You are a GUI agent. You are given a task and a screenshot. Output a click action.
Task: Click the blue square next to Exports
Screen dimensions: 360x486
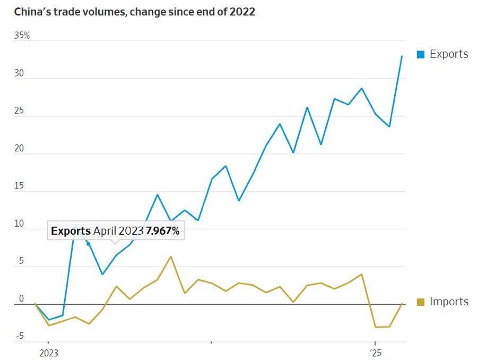tap(421, 54)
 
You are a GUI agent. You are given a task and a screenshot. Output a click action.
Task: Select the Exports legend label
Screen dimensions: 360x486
tap(449, 54)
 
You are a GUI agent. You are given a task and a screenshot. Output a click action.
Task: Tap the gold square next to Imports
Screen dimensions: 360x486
tap(421, 302)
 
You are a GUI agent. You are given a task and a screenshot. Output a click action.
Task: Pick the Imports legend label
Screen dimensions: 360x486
tap(449, 302)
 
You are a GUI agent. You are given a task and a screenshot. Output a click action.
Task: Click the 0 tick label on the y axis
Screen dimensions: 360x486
tap(21, 299)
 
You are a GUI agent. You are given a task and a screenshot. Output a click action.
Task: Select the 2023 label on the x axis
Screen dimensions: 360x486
tap(49, 353)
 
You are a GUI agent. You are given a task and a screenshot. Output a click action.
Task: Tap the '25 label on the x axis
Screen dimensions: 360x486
tap(375, 353)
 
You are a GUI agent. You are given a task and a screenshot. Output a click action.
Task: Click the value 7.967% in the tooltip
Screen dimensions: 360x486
tap(162, 231)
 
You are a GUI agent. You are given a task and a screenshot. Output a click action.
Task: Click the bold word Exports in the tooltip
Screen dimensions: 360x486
tap(71, 231)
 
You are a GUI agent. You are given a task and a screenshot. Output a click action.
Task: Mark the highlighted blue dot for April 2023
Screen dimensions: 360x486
tap(89, 244)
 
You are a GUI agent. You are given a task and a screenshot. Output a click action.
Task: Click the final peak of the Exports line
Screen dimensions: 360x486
tap(402, 56)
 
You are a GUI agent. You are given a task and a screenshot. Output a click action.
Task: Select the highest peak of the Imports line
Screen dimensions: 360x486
tap(170, 257)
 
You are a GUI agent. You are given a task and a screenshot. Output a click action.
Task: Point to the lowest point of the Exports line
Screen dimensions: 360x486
tap(49, 320)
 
